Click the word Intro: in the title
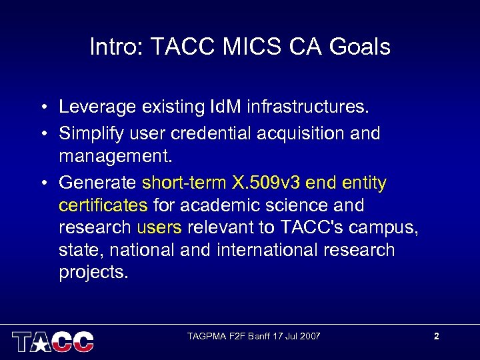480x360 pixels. point(117,47)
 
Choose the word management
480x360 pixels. point(115,157)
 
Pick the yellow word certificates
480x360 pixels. point(103,205)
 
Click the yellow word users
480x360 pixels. point(159,228)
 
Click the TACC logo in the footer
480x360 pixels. point(53,341)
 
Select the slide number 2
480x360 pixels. point(436,336)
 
